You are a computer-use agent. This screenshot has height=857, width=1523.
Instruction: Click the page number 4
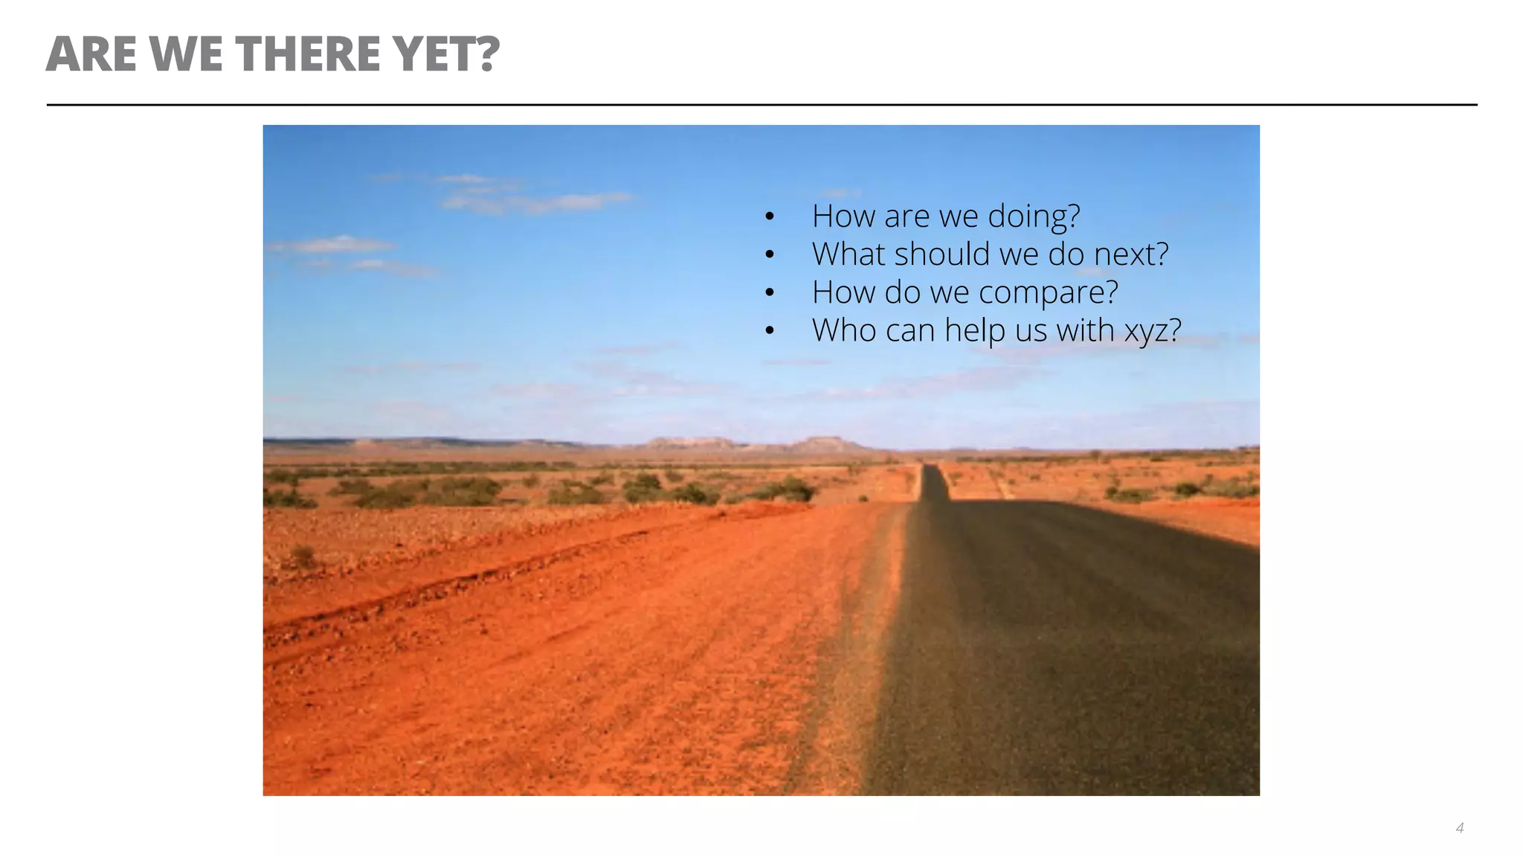tap(1460, 828)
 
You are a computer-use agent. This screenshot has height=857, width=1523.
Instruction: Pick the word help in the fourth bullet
tap(976, 330)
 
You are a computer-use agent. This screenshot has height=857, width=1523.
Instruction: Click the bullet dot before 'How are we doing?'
tap(770, 217)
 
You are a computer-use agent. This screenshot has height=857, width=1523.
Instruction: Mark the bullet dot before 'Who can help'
tap(770, 331)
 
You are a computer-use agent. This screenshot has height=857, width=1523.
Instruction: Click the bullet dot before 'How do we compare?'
tap(770, 293)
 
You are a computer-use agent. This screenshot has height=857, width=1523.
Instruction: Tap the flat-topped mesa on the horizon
tap(825, 443)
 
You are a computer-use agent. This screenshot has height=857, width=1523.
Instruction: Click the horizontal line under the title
tap(761, 105)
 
